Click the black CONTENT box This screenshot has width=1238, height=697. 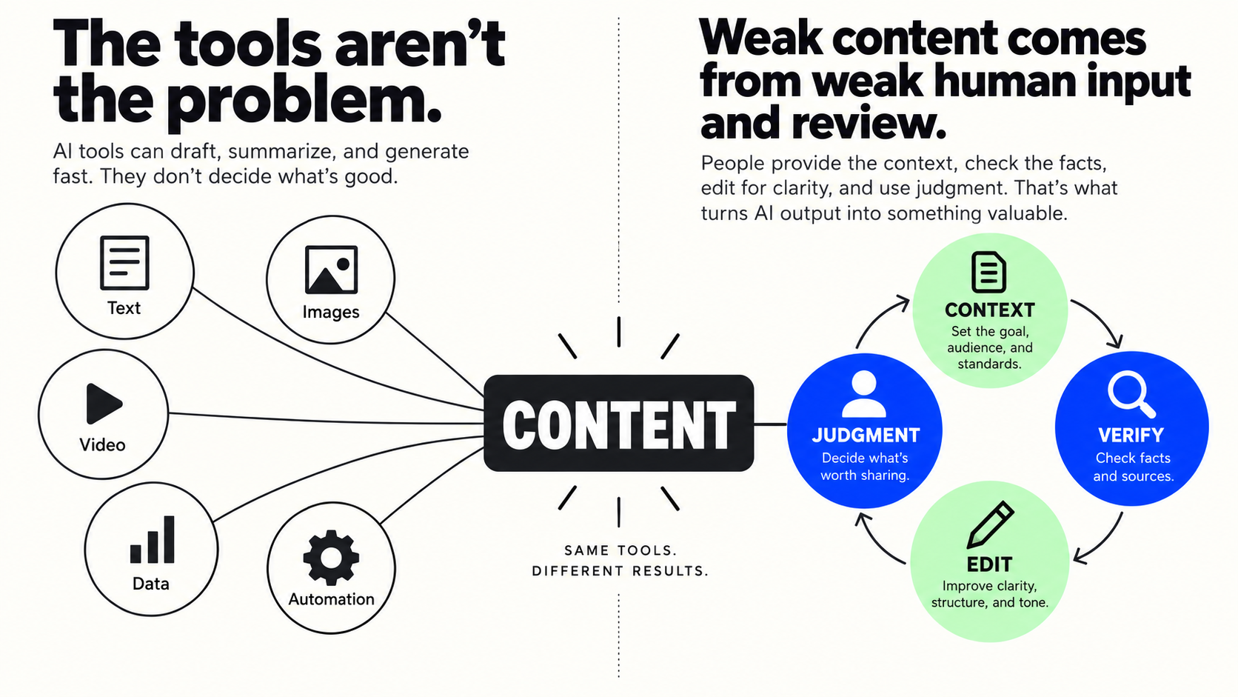pyautogui.click(x=618, y=424)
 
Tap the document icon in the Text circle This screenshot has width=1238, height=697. pyautogui.click(x=124, y=263)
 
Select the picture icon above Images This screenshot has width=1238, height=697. pyautogui.click(x=331, y=270)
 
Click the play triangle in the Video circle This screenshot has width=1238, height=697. pyautogui.click(x=104, y=403)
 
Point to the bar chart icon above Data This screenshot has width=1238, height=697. pyautogui.click(x=152, y=539)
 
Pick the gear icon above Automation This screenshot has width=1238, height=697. pyautogui.click(x=331, y=558)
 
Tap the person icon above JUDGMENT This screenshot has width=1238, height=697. pyautogui.click(x=864, y=393)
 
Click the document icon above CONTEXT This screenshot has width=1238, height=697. pyautogui.click(x=988, y=272)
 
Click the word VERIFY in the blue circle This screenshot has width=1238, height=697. pyautogui.click(x=1131, y=436)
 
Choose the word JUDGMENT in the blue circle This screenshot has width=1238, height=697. pyautogui.click(x=866, y=436)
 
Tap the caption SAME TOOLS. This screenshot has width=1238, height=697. pyautogui.click(x=620, y=550)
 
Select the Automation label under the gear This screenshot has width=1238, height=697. pyautogui.click(x=331, y=599)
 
